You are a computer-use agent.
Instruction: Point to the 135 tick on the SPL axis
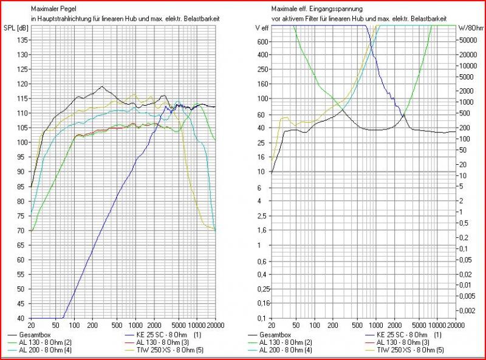click(21, 40)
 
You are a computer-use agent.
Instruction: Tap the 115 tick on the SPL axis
click(21, 99)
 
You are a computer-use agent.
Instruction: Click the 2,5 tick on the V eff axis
click(262, 215)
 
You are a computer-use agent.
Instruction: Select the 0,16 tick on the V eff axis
click(261, 303)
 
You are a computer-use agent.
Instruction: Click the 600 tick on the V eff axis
click(262, 41)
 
